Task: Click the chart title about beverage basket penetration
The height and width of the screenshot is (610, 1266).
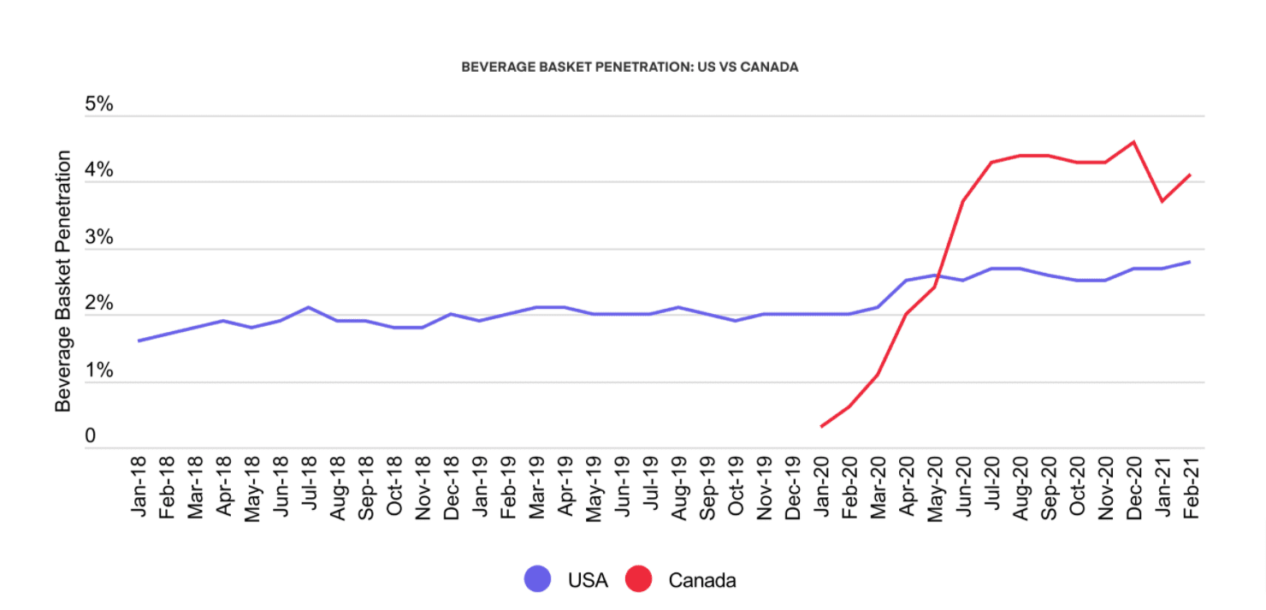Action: click(630, 67)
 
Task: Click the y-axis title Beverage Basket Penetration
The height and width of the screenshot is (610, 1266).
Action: click(63, 281)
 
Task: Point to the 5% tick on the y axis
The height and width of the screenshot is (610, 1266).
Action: click(99, 104)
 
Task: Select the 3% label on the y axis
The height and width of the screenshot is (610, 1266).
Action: click(99, 237)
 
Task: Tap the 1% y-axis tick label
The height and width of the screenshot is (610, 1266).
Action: click(99, 370)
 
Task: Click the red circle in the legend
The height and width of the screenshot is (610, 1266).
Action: click(639, 580)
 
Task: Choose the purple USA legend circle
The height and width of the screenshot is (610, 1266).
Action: click(538, 580)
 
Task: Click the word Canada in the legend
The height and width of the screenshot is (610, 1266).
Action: click(701, 581)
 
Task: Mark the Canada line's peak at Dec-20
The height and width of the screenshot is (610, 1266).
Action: click(1133, 142)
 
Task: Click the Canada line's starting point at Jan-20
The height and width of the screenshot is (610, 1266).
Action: click(821, 426)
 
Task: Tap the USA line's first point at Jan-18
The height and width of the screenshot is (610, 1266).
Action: click(139, 341)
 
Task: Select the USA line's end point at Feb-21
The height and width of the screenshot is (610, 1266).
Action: click(1190, 262)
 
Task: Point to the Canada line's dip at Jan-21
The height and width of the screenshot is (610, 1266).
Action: click(1162, 201)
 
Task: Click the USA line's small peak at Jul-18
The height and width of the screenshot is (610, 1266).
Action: click(309, 307)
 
